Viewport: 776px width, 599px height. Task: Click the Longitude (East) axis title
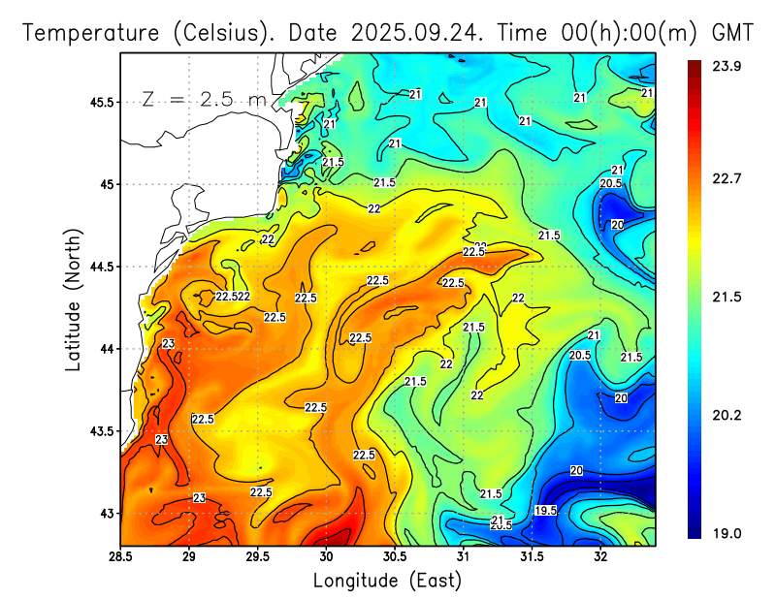tap(387, 580)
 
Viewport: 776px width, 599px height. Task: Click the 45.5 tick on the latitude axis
tap(100, 102)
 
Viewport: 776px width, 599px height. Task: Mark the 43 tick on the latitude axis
tap(107, 513)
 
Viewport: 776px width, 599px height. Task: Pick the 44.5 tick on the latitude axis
tap(100, 267)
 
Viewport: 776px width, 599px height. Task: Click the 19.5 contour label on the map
tap(546, 510)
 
